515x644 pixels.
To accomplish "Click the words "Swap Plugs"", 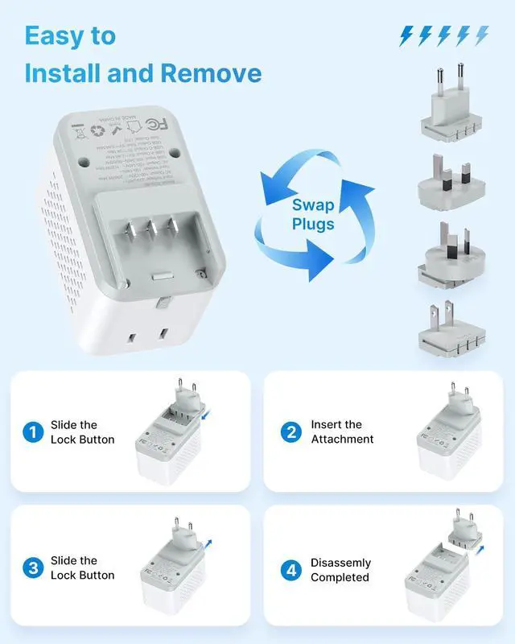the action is coord(313,214).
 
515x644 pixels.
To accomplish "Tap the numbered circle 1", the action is coord(33,432).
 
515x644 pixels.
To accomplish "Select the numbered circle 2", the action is coord(291,432).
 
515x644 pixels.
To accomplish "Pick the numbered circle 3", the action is coord(33,568).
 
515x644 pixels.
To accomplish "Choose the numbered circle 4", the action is coord(291,570).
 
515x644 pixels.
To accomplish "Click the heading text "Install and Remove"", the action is coord(142,73).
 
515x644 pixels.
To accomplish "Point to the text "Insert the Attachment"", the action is coord(342,432).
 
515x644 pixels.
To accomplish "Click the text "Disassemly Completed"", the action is coord(340,570).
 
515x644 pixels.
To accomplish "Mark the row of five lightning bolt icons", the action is coord(443,35).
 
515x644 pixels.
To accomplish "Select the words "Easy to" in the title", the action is coord(70,35).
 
